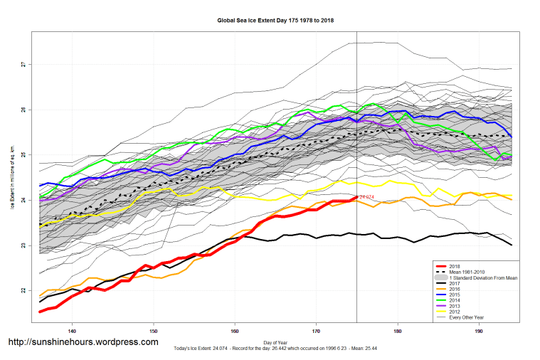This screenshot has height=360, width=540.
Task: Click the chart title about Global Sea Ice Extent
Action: pyautogui.click(x=275, y=21)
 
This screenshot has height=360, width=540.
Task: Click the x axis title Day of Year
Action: pyautogui.click(x=275, y=343)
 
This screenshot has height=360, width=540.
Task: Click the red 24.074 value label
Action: pyautogui.click(x=367, y=196)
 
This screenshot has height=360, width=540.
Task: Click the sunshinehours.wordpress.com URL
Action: pyautogui.click(x=83, y=342)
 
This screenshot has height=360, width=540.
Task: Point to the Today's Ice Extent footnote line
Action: pyautogui.click(x=274, y=350)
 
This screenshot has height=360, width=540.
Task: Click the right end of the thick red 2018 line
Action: pyautogui.click(x=356, y=196)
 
